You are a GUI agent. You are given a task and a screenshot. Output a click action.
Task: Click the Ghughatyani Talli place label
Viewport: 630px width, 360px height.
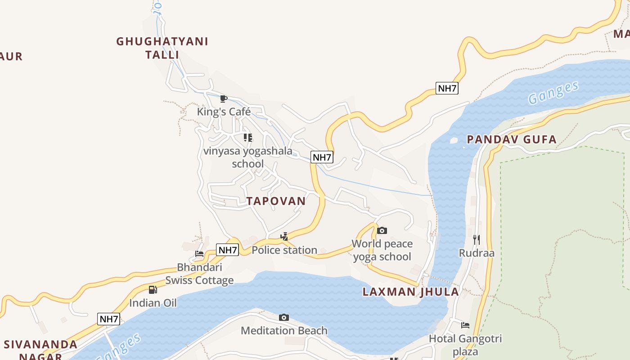[162, 48]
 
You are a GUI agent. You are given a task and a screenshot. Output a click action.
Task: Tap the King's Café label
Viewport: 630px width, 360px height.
[224, 112]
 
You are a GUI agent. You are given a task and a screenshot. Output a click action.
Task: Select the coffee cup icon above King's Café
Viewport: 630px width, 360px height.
[223, 99]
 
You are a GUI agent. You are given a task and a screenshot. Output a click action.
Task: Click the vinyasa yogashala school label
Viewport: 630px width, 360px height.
[247, 157]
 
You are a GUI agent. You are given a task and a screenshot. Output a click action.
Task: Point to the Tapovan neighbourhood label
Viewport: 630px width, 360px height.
[276, 201]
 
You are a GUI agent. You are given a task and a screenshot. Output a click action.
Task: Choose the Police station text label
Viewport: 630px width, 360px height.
[284, 250]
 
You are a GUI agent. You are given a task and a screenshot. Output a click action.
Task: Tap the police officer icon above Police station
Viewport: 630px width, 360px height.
[284, 236]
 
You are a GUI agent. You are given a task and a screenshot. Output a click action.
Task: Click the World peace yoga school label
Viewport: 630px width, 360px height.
[382, 250]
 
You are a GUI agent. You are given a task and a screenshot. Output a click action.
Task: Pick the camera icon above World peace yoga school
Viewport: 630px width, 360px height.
[382, 231]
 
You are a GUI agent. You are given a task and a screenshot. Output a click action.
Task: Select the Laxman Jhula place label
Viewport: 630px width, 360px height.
[410, 292]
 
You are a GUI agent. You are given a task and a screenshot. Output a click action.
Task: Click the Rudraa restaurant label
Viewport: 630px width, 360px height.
[477, 253]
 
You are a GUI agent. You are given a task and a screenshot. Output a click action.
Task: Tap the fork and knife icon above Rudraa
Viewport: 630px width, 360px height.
[477, 239]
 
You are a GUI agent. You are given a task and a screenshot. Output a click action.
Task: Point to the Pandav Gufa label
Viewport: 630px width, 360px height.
[512, 139]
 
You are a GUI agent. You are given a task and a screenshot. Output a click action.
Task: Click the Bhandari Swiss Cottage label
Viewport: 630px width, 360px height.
[199, 274]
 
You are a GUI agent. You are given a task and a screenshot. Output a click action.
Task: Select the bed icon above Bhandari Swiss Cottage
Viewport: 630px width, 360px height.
[199, 254]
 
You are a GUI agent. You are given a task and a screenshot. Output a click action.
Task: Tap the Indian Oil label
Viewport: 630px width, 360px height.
[153, 303]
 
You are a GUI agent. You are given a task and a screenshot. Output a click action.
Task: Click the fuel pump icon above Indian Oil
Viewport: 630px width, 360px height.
[153, 290]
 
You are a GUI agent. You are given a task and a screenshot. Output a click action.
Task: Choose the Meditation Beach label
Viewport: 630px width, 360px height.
[284, 331]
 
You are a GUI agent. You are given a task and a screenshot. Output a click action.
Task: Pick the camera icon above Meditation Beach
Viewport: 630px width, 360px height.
[283, 318]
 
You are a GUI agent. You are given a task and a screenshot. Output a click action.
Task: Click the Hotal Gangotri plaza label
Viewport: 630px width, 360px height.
[465, 345]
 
